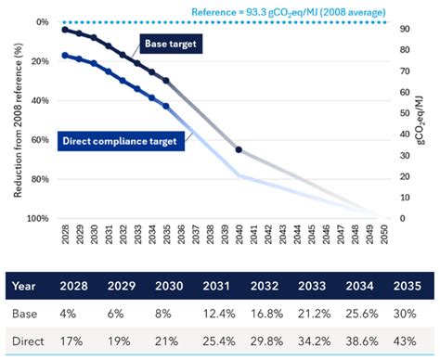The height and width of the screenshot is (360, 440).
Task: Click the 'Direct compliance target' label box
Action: pos(120,141)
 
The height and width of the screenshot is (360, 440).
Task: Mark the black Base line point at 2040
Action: pos(239,149)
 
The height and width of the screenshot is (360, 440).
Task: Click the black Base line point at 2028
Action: pos(64,30)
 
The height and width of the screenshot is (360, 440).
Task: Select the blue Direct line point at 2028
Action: pos(64,56)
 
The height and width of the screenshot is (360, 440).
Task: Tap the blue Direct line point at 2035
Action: pos(166,107)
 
